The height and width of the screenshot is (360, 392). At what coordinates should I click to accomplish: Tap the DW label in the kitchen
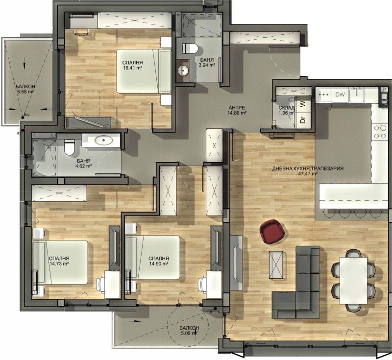tap(340, 94)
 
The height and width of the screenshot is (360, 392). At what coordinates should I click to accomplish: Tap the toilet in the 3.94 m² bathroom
tap(191, 48)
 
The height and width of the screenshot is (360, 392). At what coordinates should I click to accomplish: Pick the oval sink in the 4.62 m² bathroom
tap(103, 142)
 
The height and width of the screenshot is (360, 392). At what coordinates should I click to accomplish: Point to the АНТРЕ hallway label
tap(237, 107)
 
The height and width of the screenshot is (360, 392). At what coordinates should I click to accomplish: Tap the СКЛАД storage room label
tap(286, 107)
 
